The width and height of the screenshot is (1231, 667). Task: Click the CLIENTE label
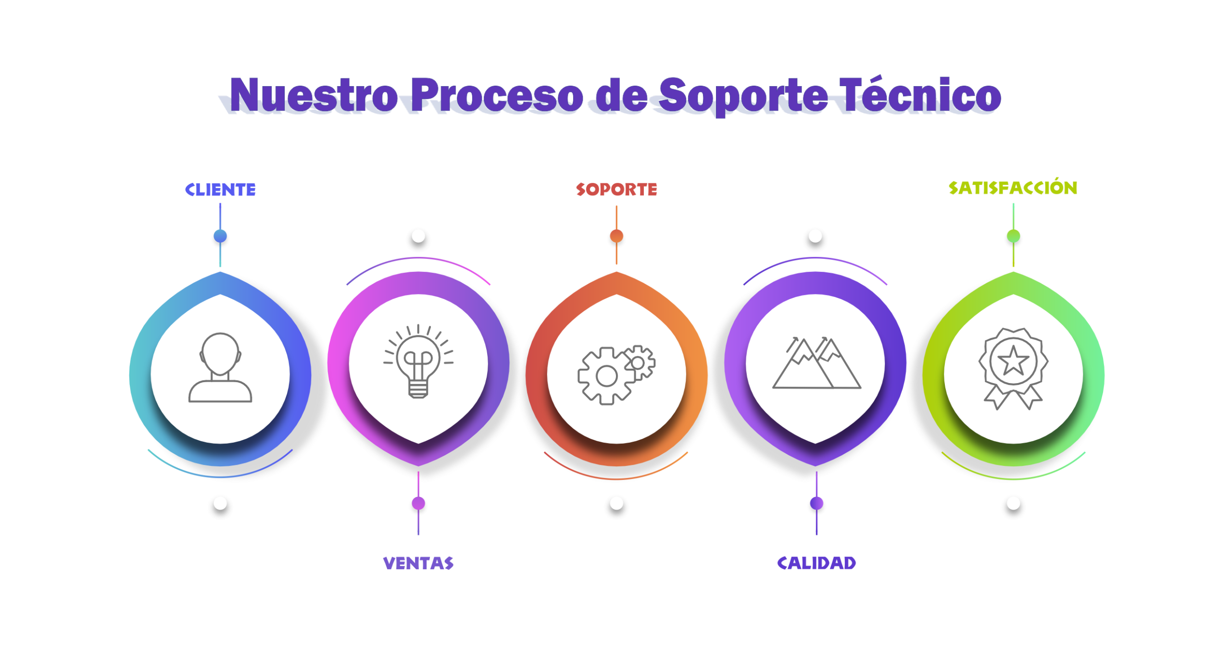[x=220, y=190]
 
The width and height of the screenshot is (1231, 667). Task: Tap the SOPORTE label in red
[x=616, y=190]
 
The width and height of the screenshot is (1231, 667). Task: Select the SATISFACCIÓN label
[x=1013, y=188]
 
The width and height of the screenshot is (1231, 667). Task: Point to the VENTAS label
[x=418, y=563]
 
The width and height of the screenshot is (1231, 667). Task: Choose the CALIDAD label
[x=816, y=563]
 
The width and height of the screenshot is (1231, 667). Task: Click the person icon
[x=220, y=368]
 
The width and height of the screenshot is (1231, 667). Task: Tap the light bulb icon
[x=418, y=361]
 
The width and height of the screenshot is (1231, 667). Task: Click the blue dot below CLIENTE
[x=220, y=236]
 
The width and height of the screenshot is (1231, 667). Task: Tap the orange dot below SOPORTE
[x=616, y=236]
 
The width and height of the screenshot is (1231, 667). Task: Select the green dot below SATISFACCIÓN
[x=1013, y=236]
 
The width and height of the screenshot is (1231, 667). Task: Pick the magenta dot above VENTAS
[x=418, y=504]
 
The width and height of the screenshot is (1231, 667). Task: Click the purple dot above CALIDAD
[x=816, y=504]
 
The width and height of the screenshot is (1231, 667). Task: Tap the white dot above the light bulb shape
[x=418, y=236]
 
